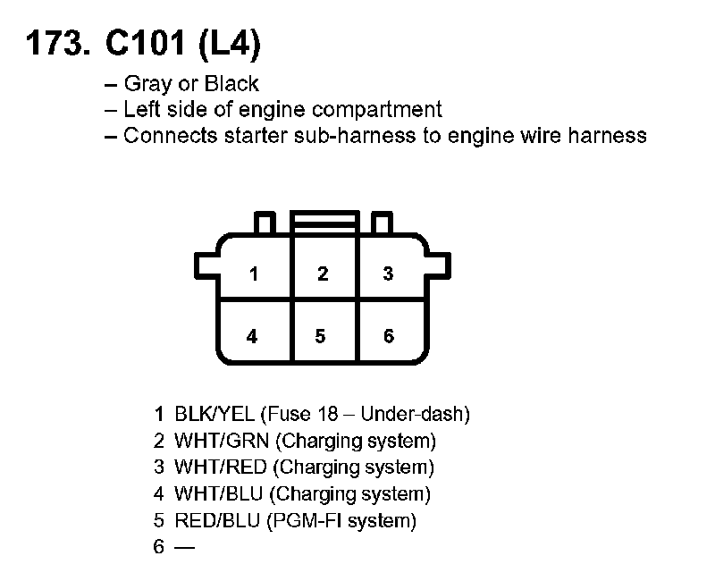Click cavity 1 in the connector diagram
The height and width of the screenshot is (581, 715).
(x=255, y=274)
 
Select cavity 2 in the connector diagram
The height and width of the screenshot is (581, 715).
(x=324, y=274)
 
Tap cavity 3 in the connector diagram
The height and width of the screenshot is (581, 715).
(x=388, y=274)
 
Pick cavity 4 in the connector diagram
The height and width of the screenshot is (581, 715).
(x=253, y=336)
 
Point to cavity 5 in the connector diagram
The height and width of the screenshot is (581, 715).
(x=321, y=336)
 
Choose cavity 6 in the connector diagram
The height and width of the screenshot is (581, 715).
(x=388, y=336)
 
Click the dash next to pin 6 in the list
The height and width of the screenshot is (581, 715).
(x=184, y=547)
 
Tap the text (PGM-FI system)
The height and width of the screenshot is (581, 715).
(x=341, y=520)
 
